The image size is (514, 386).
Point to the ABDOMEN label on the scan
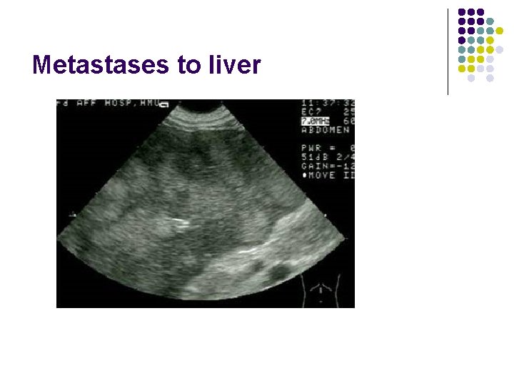pos(326,131)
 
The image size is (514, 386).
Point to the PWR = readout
pos(318,148)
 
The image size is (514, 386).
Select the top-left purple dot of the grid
pos(462,13)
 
